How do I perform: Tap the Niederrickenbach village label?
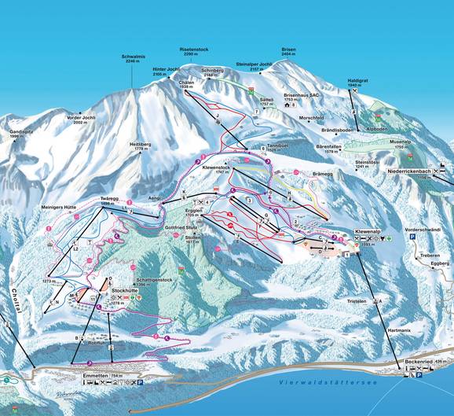click(x=410, y=171)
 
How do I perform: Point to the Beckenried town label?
click(x=416, y=361)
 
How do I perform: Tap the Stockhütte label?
click(x=126, y=290)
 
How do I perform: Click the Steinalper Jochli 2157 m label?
click(x=254, y=67)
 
